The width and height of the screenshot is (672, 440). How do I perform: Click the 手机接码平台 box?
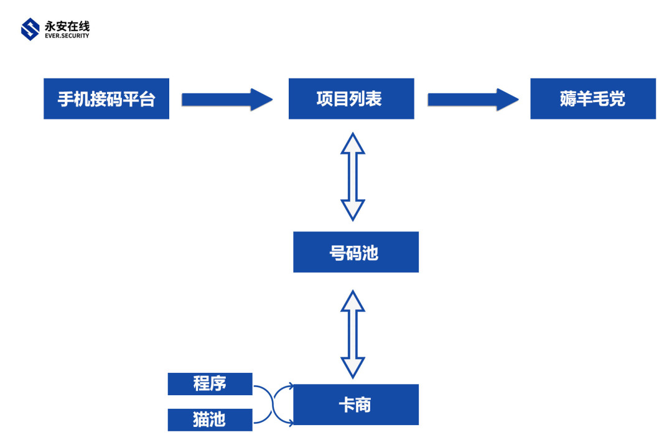pos(106,99)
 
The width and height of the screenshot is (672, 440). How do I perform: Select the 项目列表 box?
pos(351,99)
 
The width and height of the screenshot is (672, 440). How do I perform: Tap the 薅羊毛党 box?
pos(592,99)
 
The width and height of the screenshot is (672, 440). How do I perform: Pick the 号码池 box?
pos(355,252)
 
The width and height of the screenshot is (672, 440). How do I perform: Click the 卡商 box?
pos(355,405)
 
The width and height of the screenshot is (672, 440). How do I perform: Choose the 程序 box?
pos(210,384)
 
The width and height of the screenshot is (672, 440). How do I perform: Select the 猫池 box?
pos(210,420)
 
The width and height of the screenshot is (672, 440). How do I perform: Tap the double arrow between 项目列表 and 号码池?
pos(353,176)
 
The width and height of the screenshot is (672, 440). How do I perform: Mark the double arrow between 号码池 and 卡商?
pos(353,334)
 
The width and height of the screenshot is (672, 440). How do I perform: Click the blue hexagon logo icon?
pos(30,29)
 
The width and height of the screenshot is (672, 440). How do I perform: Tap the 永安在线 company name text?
pos(67,26)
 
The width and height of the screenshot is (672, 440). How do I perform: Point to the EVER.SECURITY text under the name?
pos(67,36)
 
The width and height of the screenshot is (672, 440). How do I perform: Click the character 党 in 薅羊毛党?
pos(617,99)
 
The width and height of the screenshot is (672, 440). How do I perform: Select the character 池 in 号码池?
pos(371,253)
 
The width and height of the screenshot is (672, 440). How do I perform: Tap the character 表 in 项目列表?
pos(374,99)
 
